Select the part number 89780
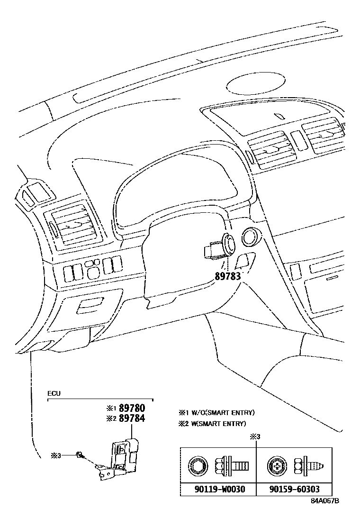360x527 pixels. tap(131, 408)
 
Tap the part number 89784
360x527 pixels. tap(131, 418)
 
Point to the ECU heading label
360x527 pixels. tap(54, 393)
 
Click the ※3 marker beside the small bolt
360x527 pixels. tap(56, 455)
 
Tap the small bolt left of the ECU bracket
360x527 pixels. tap(80, 455)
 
